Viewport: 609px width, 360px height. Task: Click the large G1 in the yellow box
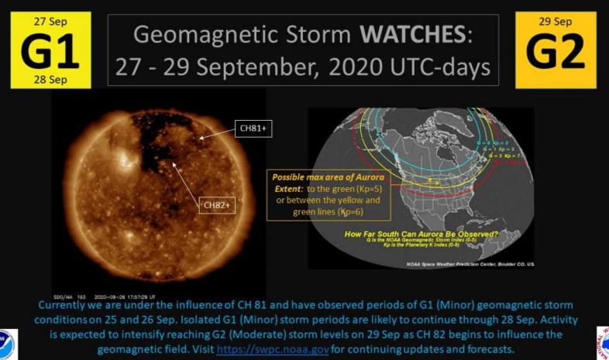(50, 50)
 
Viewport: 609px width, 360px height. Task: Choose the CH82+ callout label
(218, 204)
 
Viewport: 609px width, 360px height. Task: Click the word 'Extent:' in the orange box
(289, 188)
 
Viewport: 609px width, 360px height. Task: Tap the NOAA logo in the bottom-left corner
(6, 342)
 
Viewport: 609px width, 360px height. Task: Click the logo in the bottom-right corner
(603, 342)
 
